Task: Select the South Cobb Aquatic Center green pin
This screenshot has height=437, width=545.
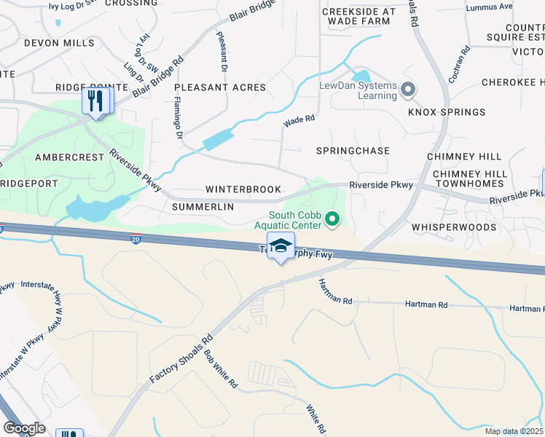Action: (333, 218)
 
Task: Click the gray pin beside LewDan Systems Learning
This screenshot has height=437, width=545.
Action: (407, 90)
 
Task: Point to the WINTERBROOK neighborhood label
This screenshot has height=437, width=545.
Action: (243, 189)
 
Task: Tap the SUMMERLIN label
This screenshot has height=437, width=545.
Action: (203, 207)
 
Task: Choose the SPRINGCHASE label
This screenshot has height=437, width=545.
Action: (353, 151)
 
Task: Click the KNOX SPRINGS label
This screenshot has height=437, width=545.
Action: (447, 112)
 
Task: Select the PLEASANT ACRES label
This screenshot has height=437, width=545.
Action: (220, 87)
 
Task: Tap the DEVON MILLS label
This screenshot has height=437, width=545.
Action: (59, 43)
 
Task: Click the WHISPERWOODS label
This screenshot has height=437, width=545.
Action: (453, 227)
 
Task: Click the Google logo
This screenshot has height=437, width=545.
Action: (24, 428)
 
